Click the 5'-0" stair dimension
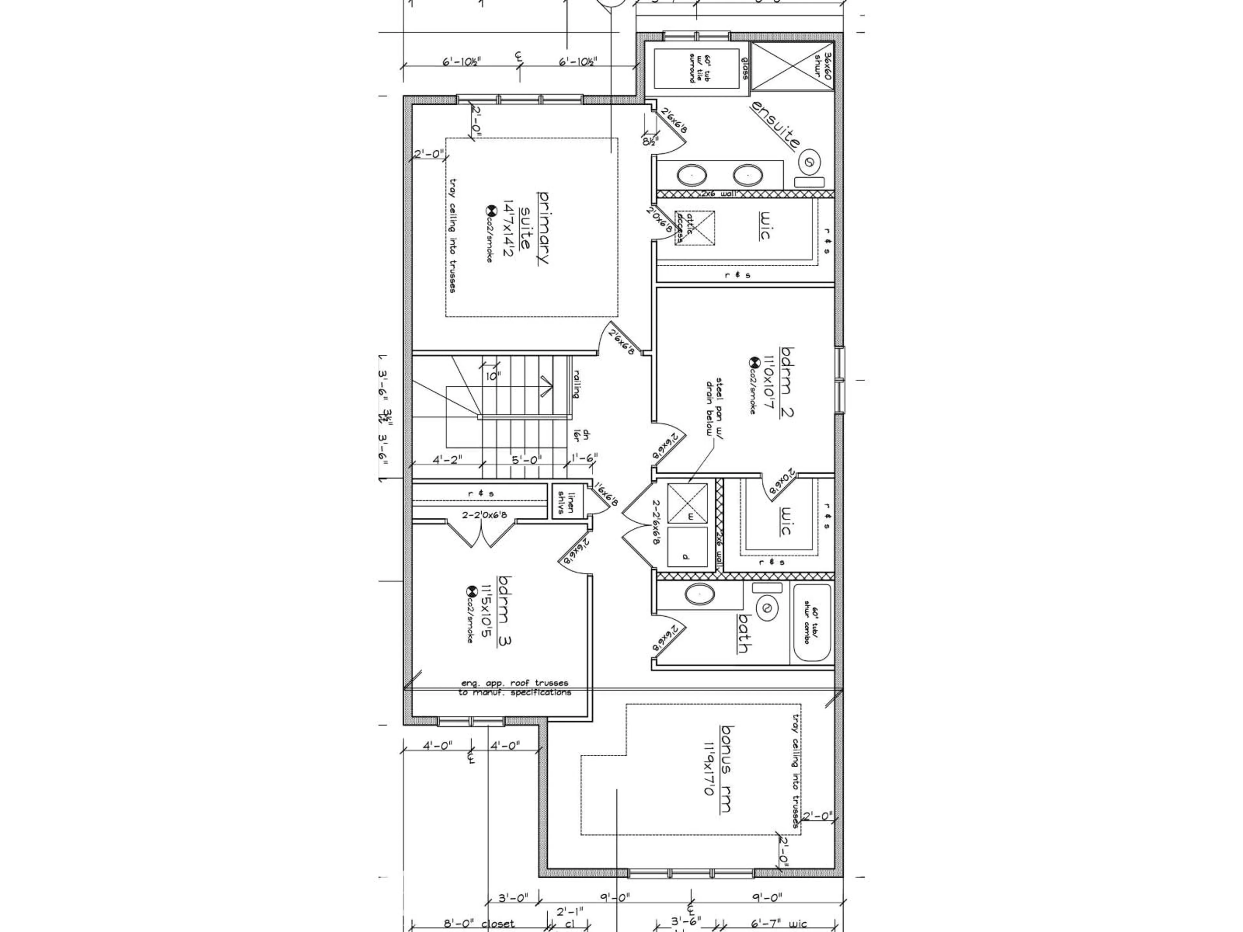[x=527, y=459]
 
